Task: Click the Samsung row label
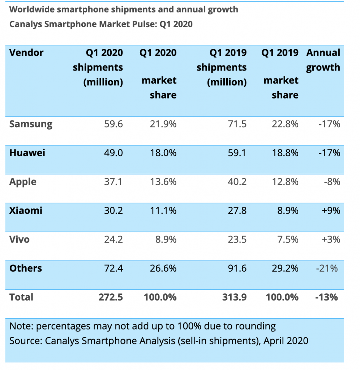(31, 124)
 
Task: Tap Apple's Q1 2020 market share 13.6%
(163, 182)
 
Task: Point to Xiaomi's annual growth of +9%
(331, 211)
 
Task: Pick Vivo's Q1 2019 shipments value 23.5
(238, 240)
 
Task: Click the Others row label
(26, 268)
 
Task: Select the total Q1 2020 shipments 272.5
(111, 297)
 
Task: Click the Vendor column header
(26, 53)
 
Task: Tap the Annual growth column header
(323, 60)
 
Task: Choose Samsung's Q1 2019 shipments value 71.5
(238, 124)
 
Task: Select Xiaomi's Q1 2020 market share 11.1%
(163, 211)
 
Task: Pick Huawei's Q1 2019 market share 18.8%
(285, 153)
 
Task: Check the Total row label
(21, 297)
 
